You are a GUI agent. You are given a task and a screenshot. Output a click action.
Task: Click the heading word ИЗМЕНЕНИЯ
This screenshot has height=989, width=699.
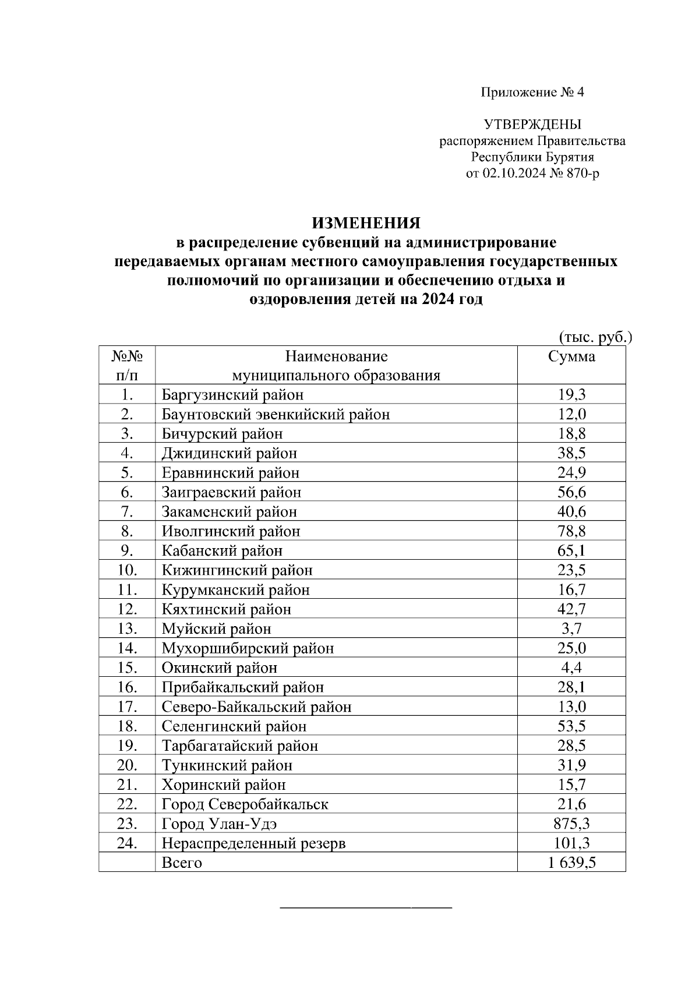(x=366, y=223)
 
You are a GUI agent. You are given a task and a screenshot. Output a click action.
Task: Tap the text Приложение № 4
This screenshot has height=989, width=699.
(x=532, y=93)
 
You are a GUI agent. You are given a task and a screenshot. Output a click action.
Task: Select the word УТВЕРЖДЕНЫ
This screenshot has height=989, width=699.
(x=532, y=124)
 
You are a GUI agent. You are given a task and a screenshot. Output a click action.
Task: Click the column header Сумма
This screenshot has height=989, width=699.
(x=571, y=356)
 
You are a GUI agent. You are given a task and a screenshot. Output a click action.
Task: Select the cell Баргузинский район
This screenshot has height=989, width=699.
(x=232, y=395)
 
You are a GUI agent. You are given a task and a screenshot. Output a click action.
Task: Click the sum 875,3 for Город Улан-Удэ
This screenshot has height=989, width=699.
(x=571, y=824)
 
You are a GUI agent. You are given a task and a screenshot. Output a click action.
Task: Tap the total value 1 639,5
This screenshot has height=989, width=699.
(x=571, y=863)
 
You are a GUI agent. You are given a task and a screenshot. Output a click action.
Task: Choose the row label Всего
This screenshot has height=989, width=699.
(x=182, y=863)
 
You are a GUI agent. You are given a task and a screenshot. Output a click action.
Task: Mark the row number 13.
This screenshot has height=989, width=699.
(x=127, y=628)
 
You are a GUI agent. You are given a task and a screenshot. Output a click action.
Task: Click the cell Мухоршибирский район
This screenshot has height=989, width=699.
(x=248, y=648)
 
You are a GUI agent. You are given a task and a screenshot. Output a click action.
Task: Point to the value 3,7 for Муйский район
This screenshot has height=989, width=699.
(x=571, y=628)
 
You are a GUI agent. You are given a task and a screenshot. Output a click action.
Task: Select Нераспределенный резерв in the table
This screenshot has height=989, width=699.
(x=253, y=843)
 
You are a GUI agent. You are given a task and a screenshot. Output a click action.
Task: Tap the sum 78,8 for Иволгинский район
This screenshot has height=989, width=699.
(x=571, y=531)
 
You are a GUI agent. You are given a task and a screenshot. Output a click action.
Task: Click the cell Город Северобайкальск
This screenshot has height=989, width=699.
(x=245, y=804)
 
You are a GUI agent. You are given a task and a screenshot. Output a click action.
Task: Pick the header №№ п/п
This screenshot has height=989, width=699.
(x=127, y=365)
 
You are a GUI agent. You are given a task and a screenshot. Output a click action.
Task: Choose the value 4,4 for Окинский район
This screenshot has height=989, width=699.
(x=571, y=667)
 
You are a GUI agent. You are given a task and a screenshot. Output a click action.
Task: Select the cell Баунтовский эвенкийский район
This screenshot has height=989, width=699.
(x=276, y=414)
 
